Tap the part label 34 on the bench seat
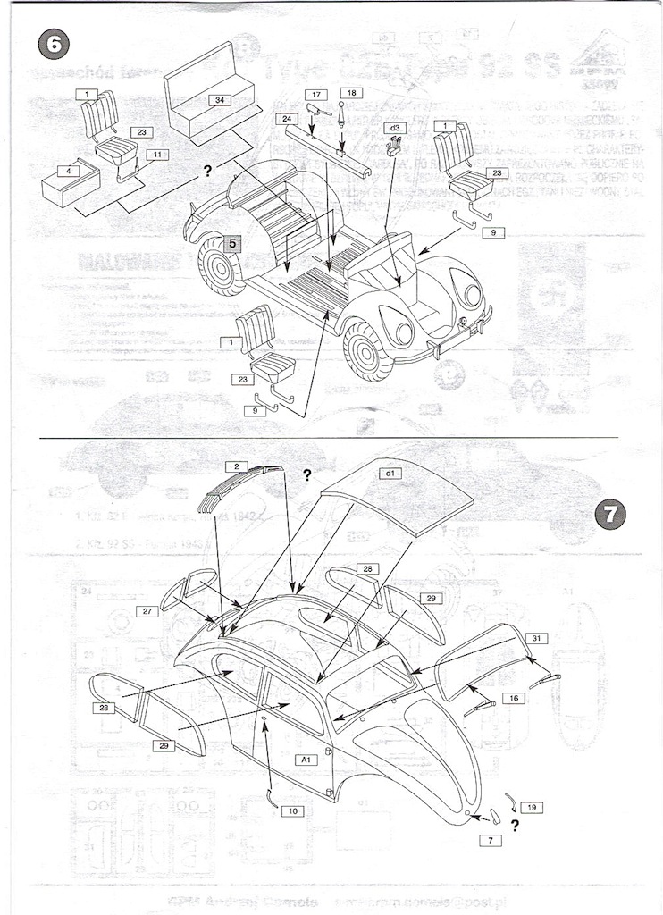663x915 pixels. [x=219, y=101]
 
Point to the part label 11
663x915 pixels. [x=155, y=155]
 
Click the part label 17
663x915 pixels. [x=316, y=94]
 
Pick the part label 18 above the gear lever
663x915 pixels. [x=351, y=93]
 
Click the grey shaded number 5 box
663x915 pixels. [x=231, y=241]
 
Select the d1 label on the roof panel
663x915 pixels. [x=390, y=472]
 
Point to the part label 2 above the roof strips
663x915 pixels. [x=235, y=466]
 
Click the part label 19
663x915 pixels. [x=531, y=807]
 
